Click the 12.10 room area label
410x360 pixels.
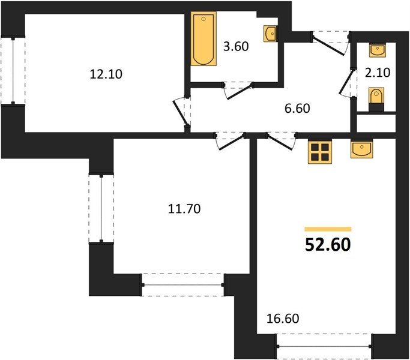click(106, 74)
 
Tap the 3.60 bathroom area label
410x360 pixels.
click(236, 46)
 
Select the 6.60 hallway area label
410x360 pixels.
click(297, 108)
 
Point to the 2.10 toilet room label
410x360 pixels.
click(378, 73)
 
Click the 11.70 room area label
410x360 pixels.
click(184, 209)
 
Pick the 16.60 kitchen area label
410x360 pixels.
click(283, 319)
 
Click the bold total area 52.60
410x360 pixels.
click(328, 245)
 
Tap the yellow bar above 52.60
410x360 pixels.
click(328, 229)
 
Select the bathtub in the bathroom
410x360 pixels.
click(203, 38)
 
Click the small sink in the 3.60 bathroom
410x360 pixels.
click(270, 34)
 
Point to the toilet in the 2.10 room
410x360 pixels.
click(376, 100)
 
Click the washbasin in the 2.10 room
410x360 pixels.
click(377, 51)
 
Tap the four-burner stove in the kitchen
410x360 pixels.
click(320, 152)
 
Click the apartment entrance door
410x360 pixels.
click(330, 43)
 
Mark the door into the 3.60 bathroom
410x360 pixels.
click(238, 90)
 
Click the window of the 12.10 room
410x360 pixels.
click(13, 71)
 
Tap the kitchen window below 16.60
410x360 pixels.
click(324, 346)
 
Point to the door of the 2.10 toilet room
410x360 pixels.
click(348, 83)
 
